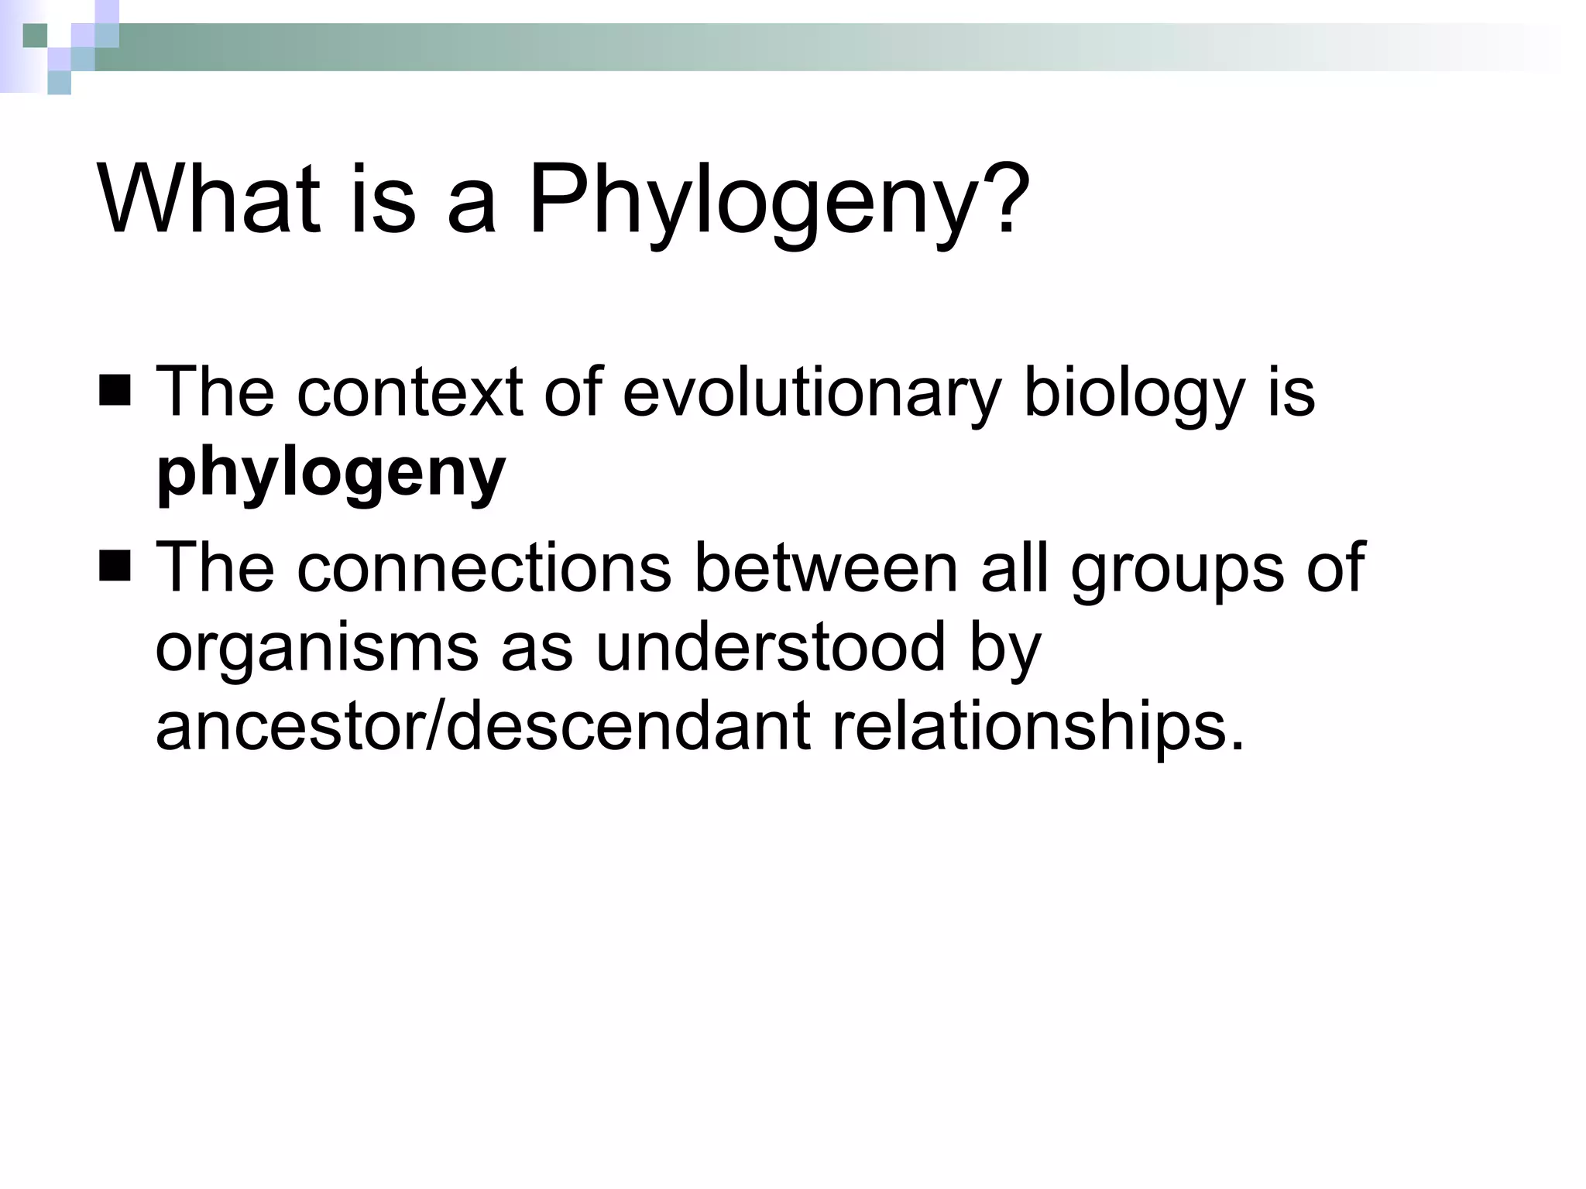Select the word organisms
pos(317,649)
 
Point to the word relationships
pos(1038,728)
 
